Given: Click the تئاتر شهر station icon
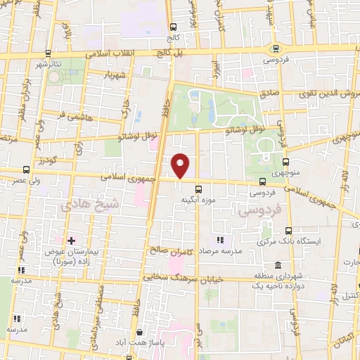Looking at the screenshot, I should coord(47,53).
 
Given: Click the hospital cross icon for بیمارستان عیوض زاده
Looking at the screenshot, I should coord(71,240).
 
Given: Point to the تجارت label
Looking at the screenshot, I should coord(349,264).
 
